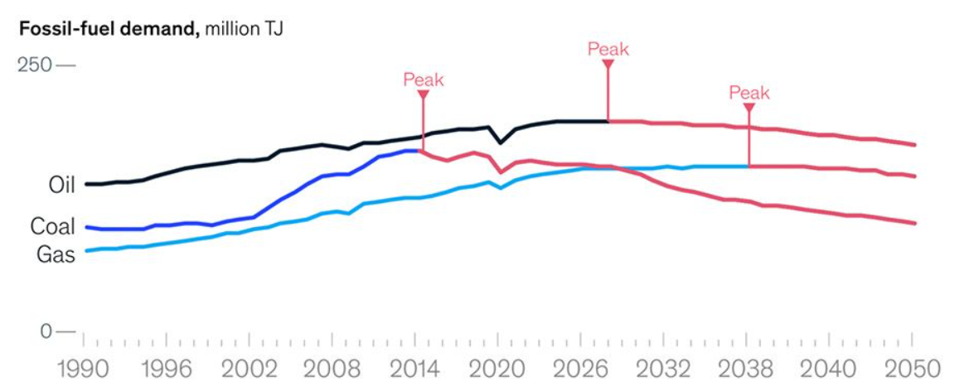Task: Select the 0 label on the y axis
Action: (45, 331)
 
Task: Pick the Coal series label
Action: (53, 226)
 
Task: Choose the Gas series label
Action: (56, 254)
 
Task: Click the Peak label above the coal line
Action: (424, 80)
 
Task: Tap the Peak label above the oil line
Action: (608, 49)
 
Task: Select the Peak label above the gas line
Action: (749, 93)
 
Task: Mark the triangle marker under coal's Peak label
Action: (423, 94)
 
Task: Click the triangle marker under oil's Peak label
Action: (608, 64)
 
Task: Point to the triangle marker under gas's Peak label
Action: (749, 107)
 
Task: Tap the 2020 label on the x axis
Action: (498, 367)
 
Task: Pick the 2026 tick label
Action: (581, 367)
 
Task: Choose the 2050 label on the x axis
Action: (912, 367)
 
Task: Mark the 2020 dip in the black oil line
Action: (499, 143)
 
